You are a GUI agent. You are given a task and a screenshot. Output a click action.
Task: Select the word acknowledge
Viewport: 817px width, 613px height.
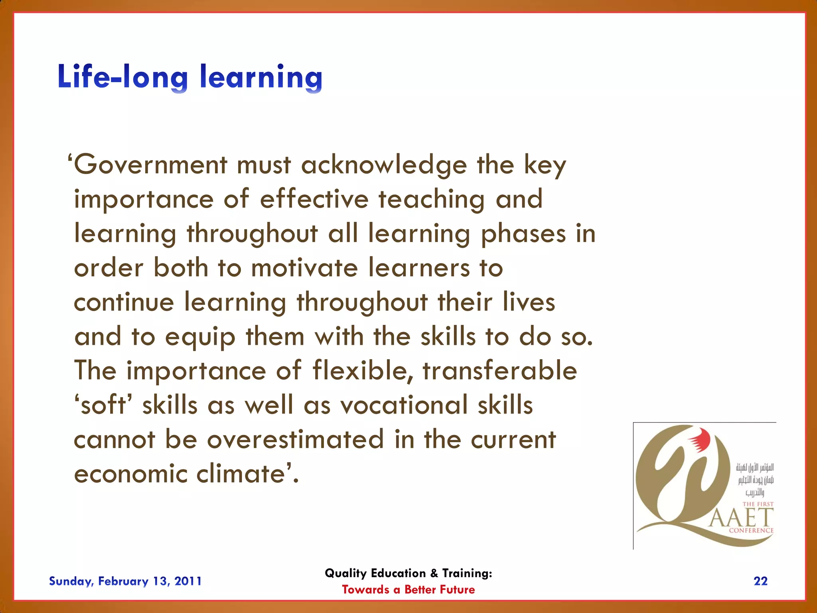[384, 165]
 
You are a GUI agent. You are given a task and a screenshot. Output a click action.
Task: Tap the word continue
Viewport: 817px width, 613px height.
[124, 302]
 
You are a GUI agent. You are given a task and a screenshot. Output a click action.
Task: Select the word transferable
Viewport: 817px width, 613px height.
[500, 371]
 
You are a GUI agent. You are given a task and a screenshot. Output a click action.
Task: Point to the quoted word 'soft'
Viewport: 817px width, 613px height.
[103, 405]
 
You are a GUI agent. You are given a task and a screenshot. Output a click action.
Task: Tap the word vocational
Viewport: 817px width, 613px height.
[404, 405]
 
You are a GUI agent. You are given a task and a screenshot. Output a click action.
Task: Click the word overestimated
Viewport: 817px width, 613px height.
[296, 439]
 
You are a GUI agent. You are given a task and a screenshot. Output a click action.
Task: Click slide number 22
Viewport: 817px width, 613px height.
[760, 581]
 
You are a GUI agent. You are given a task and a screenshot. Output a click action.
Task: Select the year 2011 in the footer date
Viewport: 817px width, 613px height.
[188, 581]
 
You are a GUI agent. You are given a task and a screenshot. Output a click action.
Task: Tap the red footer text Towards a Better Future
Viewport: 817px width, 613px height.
[408, 589]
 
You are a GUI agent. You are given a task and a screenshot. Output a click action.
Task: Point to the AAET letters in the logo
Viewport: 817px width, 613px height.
[741, 518]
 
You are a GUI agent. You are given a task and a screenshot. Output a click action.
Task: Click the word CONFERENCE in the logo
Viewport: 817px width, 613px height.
[751, 530]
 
